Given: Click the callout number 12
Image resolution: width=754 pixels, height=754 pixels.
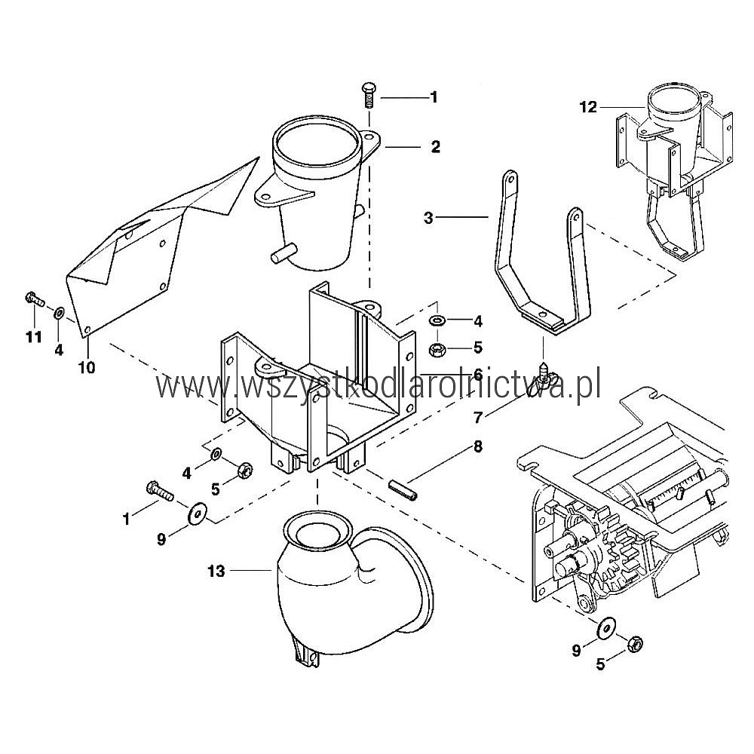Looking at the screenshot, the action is point(588,107).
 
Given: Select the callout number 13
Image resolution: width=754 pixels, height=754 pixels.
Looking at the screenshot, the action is point(216,571).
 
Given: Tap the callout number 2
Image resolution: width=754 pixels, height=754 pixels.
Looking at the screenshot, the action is point(435,147).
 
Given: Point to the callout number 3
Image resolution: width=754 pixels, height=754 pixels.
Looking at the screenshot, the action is point(428,218).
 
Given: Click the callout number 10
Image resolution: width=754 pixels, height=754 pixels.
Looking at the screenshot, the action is point(87,367).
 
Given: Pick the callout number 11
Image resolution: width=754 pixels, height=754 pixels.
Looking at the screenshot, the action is point(34,336).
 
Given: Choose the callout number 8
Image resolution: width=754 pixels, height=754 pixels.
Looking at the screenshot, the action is point(477,446).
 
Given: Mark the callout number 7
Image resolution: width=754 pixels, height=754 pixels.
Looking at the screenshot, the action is point(477,418).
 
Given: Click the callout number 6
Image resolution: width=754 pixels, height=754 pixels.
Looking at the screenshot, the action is point(477,374).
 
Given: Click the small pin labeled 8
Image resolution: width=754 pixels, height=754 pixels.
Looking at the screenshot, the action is point(403,489).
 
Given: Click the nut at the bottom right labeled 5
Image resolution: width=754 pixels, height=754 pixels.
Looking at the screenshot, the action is point(635,643).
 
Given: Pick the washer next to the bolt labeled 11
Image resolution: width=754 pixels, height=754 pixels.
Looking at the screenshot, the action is point(59,313).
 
